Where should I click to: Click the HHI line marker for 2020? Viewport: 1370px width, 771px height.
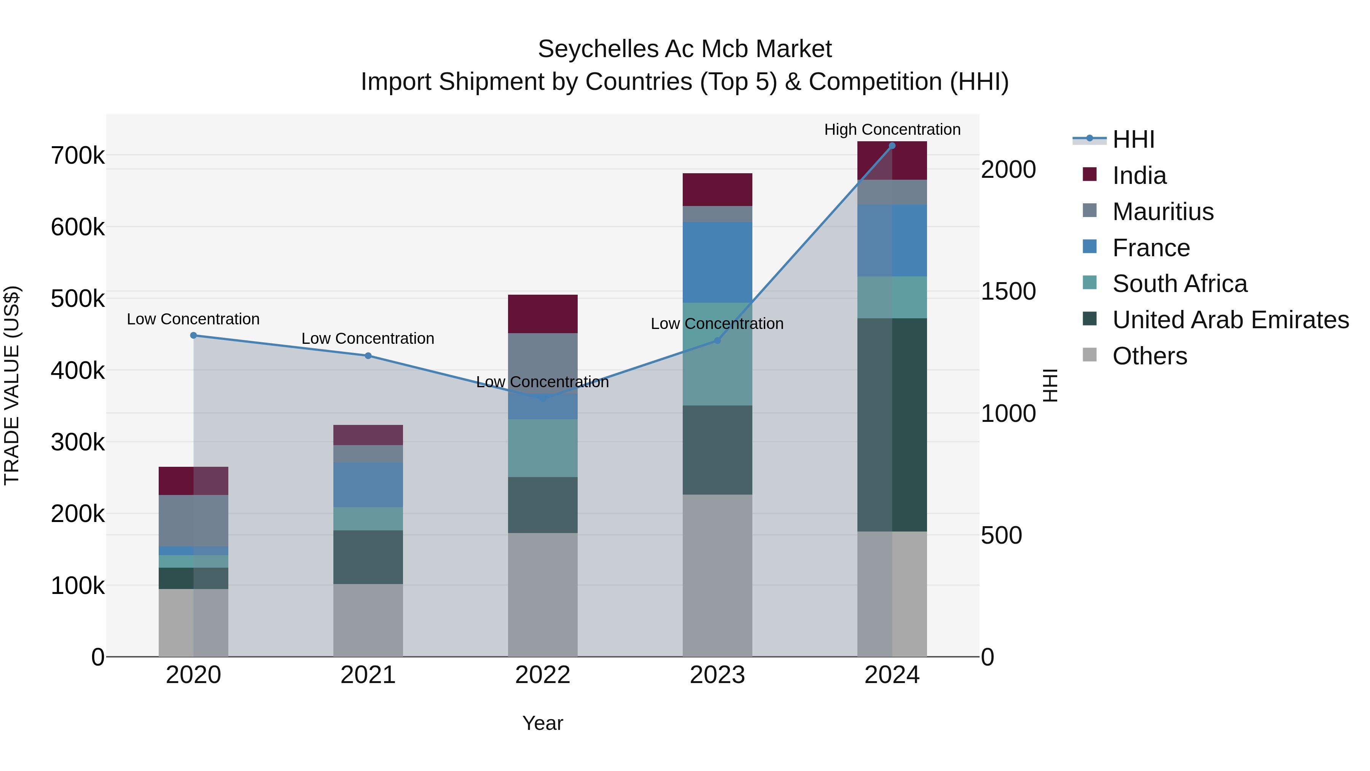194,335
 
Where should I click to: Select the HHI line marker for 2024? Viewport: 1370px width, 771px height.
892,146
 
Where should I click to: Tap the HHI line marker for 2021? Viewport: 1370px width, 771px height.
368,356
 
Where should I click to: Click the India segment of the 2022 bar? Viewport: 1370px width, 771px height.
542,314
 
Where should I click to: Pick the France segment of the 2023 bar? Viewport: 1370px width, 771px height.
717,262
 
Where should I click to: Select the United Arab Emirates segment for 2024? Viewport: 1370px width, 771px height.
892,425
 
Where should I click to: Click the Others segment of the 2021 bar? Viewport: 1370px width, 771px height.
368,620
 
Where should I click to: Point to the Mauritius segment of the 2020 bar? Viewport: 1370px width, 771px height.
194,520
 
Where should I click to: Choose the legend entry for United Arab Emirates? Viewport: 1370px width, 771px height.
1230,320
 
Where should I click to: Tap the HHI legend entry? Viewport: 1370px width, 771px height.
1133,139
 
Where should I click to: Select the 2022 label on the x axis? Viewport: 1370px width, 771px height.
542,675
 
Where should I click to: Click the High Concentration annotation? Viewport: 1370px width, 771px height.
892,129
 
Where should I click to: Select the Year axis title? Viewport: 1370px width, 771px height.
542,723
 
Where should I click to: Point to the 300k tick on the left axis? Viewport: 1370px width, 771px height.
78,442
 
